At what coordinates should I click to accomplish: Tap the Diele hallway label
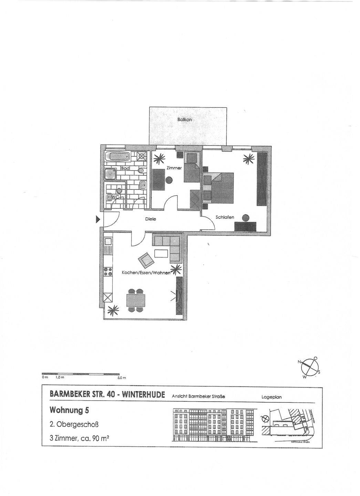tap(150, 219)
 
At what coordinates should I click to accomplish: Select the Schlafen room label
tap(225, 217)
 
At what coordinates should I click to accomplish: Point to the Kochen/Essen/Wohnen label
tap(146, 273)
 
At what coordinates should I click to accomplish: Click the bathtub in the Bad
tap(118, 157)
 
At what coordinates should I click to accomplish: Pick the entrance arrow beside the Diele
tap(97, 219)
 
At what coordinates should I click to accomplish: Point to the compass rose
tap(309, 368)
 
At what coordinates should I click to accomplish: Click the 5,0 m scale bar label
tap(122, 378)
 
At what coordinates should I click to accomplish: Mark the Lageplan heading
tap(271, 397)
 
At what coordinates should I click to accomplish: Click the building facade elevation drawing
tap(214, 424)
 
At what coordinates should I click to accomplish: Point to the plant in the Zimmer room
tap(160, 159)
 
